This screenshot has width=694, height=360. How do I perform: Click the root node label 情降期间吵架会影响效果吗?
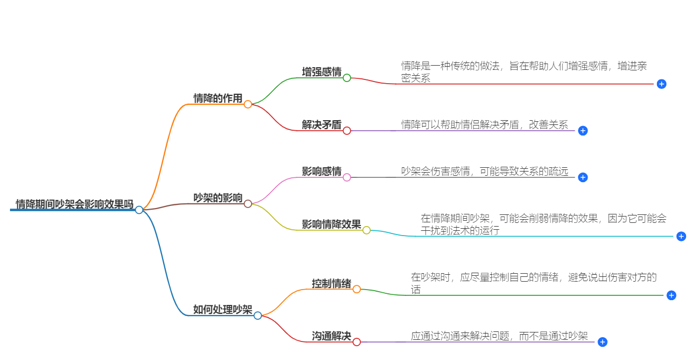pyautogui.click(x=74, y=204)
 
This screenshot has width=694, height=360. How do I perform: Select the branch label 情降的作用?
pyautogui.click(x=218, y=98)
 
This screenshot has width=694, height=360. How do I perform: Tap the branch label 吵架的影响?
pyautogui.click(x=218, y=198)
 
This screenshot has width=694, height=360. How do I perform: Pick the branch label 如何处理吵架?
pyautogui.click(x=223, y=310)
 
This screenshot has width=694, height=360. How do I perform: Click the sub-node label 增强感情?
pyautogui.click(x=322, y=72)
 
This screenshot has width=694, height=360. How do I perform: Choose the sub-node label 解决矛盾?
pyautogui.click(x=322, y=125)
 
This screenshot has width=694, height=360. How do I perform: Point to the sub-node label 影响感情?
pyautogui.click(x=322, y=172)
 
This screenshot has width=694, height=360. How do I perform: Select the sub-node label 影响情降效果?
pyautogui.click(x=332, y=224)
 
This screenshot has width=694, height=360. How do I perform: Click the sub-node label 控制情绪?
pyautogui.click(x=332, y=284)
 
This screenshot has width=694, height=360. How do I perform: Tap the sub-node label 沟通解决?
pyautogui.click(x=332, y=336)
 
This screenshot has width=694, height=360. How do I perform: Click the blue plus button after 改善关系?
pyautogui.click(x=583, y=131)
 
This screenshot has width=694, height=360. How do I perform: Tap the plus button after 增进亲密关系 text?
pyautogui.click(x=661, y=84)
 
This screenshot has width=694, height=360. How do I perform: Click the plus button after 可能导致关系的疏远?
pyautogui.click(x=583, y=177)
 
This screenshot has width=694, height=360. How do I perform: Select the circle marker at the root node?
pyautogui.click(x=139, y=210)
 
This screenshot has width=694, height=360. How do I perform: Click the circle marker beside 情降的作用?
pyautogui.click(x=248, y=104)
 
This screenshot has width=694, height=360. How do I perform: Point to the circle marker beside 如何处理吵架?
pyautogui.click(x=257, y=316)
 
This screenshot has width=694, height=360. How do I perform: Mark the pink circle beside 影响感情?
pyautogui.click(x=347, y=177)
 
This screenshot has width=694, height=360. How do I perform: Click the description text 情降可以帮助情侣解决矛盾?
pyautogui.click(x=484, y=125)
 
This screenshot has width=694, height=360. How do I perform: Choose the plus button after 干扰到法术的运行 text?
pyautogui.click(x=681, y=237)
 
